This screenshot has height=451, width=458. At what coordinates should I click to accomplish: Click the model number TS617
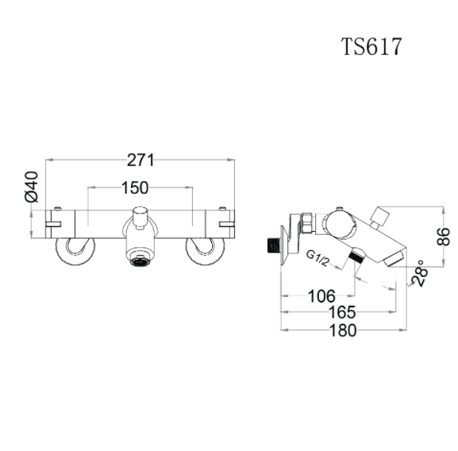pos(372,46)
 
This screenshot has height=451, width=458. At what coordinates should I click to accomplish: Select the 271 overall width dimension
pos(140,160)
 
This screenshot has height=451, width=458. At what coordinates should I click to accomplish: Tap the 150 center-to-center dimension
pos(139,187)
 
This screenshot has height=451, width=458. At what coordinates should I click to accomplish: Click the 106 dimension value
pos(321,296)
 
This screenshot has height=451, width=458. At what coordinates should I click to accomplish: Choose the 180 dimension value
pos(343,330)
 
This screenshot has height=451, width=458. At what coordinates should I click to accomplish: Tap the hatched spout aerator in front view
pos(140,258)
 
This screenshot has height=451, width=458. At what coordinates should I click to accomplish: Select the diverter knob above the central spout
pos(140,214)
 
